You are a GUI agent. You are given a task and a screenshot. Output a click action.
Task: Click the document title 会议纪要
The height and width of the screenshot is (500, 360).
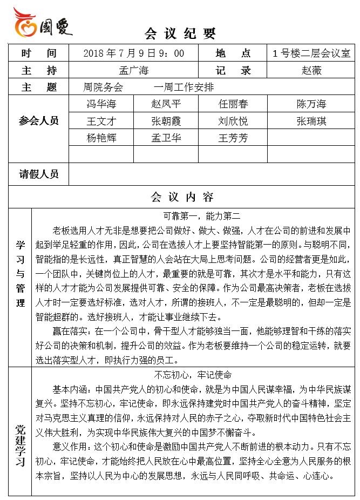tap(180, 34)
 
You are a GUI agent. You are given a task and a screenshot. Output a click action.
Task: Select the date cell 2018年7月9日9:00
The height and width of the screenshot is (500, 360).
tap(134, 53)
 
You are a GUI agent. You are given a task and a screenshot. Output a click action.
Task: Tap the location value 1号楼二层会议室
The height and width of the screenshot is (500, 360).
tap(311, 53)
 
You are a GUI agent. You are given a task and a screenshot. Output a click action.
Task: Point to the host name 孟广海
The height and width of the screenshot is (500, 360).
tap(134, 70)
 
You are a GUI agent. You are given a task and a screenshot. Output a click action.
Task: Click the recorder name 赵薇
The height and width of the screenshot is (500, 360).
tap(311, 70)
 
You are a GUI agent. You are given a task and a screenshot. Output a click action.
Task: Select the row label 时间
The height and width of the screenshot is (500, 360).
tap(39, 53)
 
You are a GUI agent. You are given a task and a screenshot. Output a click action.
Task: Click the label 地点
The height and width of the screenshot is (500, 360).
tap(233, 53)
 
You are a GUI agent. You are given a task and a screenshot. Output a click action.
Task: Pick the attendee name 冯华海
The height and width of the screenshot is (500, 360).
tap(101, 104)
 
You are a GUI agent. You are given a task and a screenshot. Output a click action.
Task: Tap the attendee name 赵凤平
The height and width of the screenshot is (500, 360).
tap(166, 104)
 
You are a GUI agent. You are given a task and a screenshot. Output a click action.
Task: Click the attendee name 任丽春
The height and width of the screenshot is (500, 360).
tap(233, 104)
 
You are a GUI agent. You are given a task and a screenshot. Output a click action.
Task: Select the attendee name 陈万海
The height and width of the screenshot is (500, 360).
tap(311, 104)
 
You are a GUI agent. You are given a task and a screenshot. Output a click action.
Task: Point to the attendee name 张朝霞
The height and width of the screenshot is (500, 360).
tap(166, 121)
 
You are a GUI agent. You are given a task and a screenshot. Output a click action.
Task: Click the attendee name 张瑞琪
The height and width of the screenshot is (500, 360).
tap(311, 121)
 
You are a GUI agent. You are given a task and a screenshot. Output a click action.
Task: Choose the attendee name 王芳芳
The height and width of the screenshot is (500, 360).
tap(233, 138)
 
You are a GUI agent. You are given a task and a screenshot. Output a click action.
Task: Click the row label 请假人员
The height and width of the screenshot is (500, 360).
tap(39, 174)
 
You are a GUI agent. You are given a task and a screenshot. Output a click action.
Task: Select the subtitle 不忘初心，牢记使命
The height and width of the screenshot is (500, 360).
tap(193, 375)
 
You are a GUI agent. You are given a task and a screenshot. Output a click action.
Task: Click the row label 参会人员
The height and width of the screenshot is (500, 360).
tap(39, 121)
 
